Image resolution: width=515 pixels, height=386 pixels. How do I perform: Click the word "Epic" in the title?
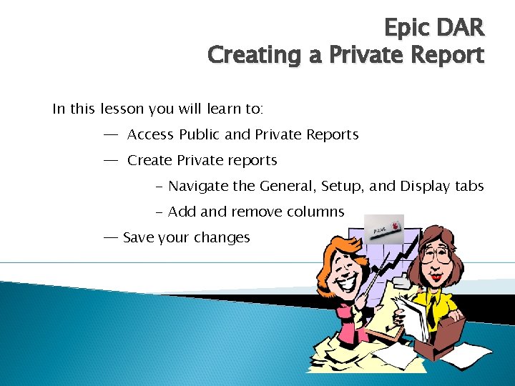point(406,28)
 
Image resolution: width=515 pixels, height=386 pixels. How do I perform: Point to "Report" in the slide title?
point(443,54)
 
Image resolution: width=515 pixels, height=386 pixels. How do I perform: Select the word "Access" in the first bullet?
point(151,134)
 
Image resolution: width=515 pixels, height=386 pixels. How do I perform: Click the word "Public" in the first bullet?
point(202,134)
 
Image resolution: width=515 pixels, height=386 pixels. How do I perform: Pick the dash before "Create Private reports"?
point(111,160)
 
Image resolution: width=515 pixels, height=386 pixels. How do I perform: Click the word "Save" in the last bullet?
point(138,237)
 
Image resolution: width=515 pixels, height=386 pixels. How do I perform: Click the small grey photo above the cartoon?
point(383,229)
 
